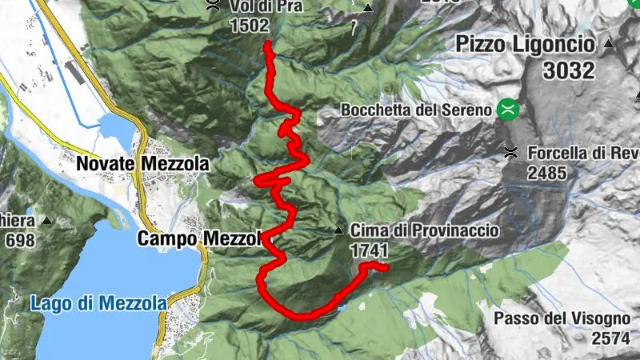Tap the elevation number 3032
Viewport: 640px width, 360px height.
click(569, 70)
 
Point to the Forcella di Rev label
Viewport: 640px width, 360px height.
click(582, 152)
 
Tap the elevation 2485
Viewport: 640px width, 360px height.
click(546, 172)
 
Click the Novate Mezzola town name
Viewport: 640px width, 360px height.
click(142, 165)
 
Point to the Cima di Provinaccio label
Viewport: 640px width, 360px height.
click(425, 231)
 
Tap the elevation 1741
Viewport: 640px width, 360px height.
click(369, 251)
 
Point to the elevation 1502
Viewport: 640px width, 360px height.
click(247, 26)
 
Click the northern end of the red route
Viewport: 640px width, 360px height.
click(266, 46)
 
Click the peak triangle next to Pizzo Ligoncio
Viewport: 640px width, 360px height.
click(608, 42)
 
